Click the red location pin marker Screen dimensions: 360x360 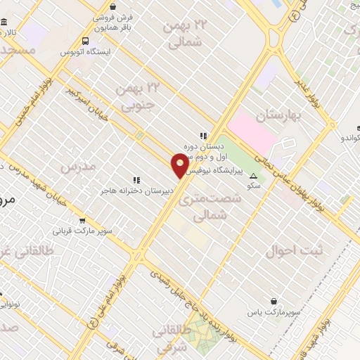(180, 165)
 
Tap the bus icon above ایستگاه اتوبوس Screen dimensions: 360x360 (85, 41)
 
